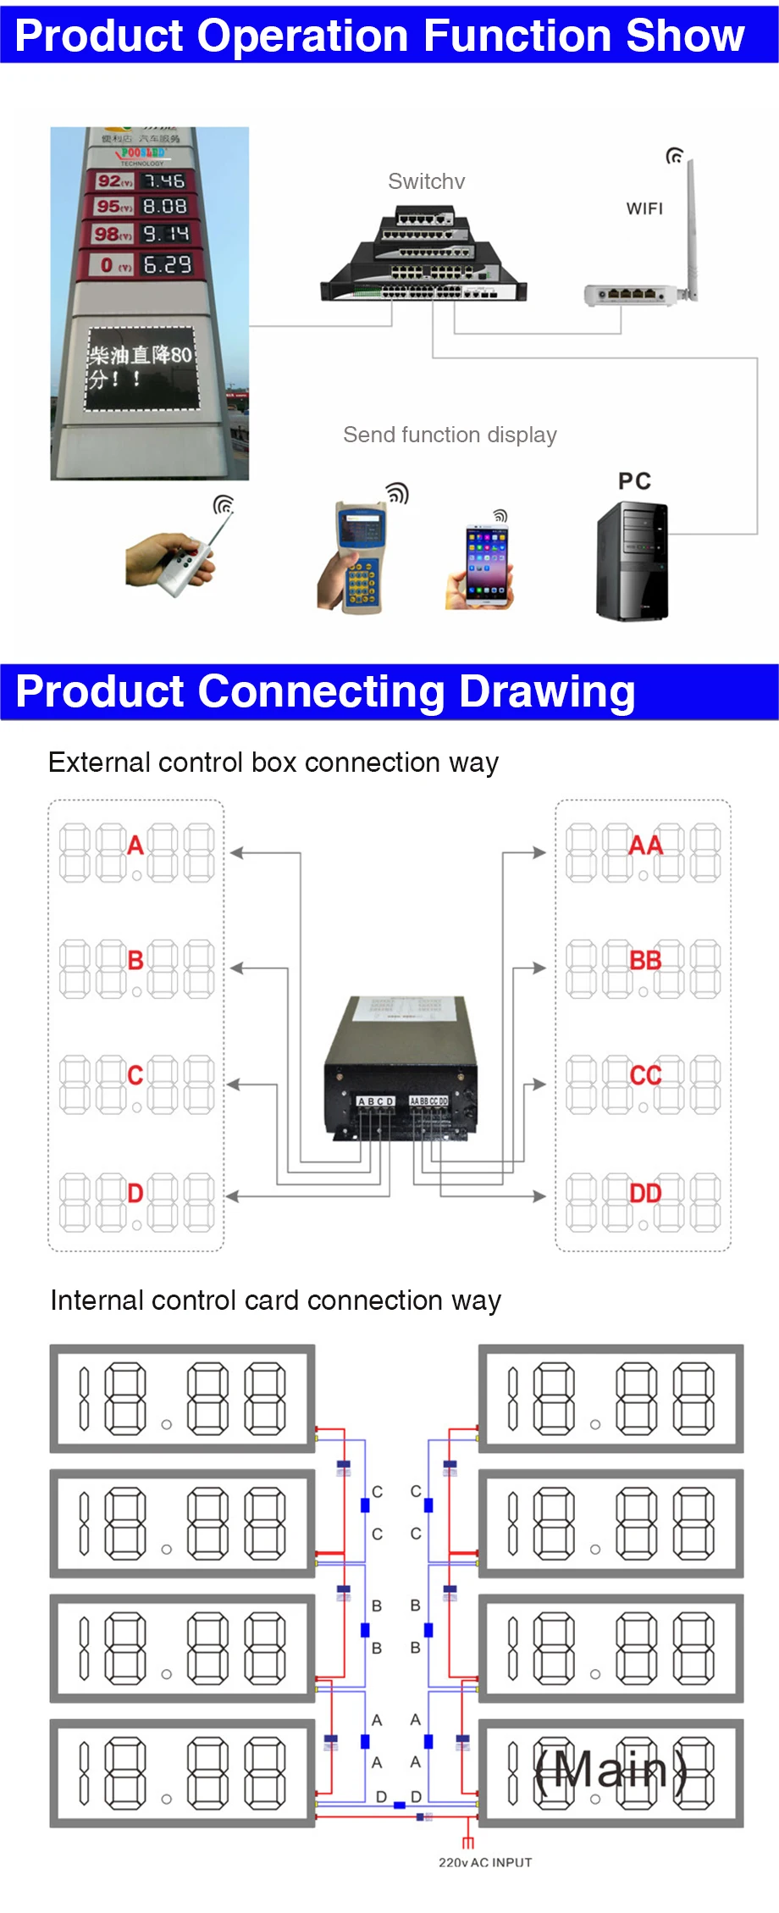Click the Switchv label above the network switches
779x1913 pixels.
click(426, 181)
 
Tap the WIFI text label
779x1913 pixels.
click(644, 208)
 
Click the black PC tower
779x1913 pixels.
click(633, 561)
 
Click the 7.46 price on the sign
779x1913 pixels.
click(163, 180)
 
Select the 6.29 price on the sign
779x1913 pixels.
click(167, 264)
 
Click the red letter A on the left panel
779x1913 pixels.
click(135, 845)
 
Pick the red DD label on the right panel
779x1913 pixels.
click(645, 1193)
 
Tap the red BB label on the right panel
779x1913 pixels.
click(645, 960)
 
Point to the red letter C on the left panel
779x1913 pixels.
click(135, 1074)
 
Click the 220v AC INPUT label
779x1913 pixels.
click(485, 1862)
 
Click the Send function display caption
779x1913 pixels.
click(450, 435)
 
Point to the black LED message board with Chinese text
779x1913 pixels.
click(141, 368)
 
